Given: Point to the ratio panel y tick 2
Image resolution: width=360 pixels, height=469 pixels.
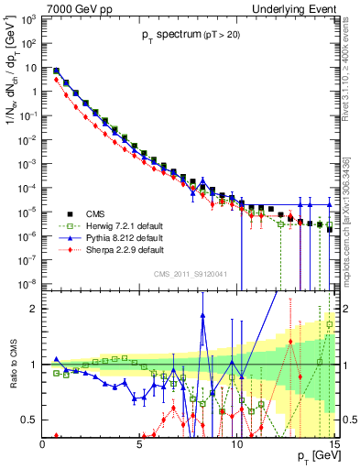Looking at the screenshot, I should coord(32,309).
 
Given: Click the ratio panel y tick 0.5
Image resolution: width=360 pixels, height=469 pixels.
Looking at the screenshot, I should coord(28,420).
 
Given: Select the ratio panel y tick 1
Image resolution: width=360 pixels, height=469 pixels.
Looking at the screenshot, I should coord(32,365).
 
